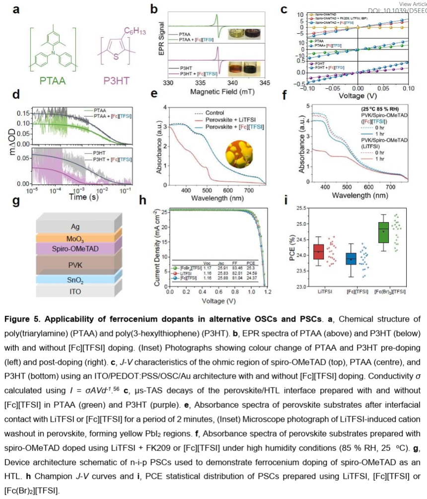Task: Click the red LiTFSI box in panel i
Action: point(319,251)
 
